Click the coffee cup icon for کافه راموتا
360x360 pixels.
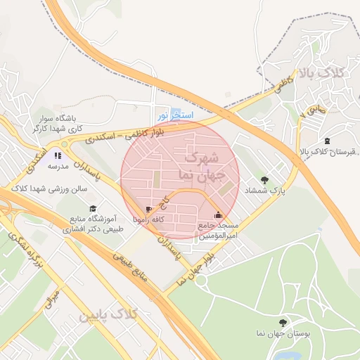[x=148, y=209]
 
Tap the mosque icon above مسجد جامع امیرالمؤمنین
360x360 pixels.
[x=218, y=214]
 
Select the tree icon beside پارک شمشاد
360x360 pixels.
[x=264, y=180]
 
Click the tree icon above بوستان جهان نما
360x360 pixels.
[x=283, y=322]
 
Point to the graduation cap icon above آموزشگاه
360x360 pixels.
[x=93, y=208]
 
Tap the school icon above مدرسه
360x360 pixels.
[x=58, y=155]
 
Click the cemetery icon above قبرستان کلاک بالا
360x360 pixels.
[x=327, y=140]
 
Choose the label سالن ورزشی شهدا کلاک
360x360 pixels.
[x=49, y=189]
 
